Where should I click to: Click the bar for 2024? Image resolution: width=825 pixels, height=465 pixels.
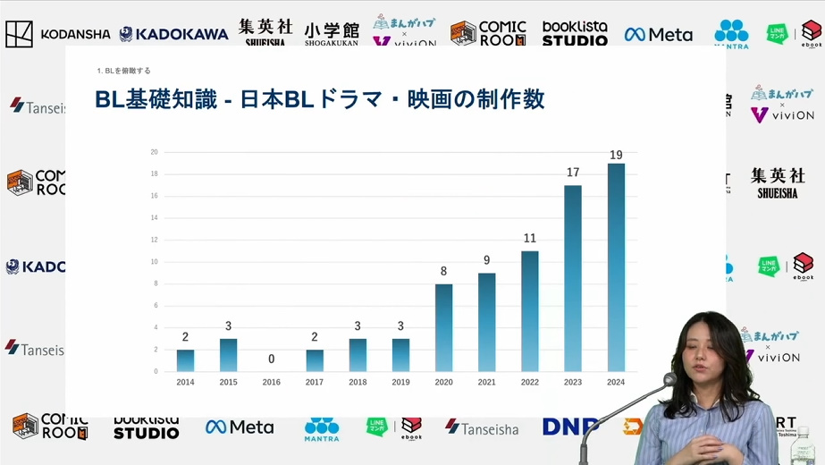click(x=616, y=267)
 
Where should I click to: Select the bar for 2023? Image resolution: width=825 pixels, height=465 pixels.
click(x=573, y=278)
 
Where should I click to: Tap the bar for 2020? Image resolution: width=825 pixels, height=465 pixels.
click(x=443, y=327)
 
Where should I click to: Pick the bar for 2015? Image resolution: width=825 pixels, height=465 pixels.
click(x=228, y=355)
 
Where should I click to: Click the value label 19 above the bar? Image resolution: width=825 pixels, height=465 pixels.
click(x=616, y=156)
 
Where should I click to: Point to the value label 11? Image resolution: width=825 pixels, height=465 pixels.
click(x=529, y=239)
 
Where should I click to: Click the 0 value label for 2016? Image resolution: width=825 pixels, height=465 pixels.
click(x=271, y=359)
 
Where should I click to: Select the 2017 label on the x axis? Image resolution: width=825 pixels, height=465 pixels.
click(x=315, y=383)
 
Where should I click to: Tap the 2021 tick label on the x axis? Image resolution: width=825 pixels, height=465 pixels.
click(x=486, y=383)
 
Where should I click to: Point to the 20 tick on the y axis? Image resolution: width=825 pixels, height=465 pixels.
click(x=154, y=152)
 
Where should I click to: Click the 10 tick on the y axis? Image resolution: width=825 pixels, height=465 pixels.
click(x=154, y=262)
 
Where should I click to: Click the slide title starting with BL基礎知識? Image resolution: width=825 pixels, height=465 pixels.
click(x=319, y=99)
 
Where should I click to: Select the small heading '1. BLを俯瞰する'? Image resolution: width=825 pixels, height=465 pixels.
click(x=123, y=71)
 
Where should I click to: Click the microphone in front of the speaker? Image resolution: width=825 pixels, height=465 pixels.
click(x=669, y=380)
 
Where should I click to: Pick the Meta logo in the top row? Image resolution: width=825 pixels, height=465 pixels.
click(x=659, y=35)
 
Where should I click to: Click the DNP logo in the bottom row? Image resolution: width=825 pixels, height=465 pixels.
click(x=569, y=427)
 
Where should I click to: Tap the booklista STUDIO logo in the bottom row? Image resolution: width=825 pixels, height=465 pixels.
click(x=147, y=427)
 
